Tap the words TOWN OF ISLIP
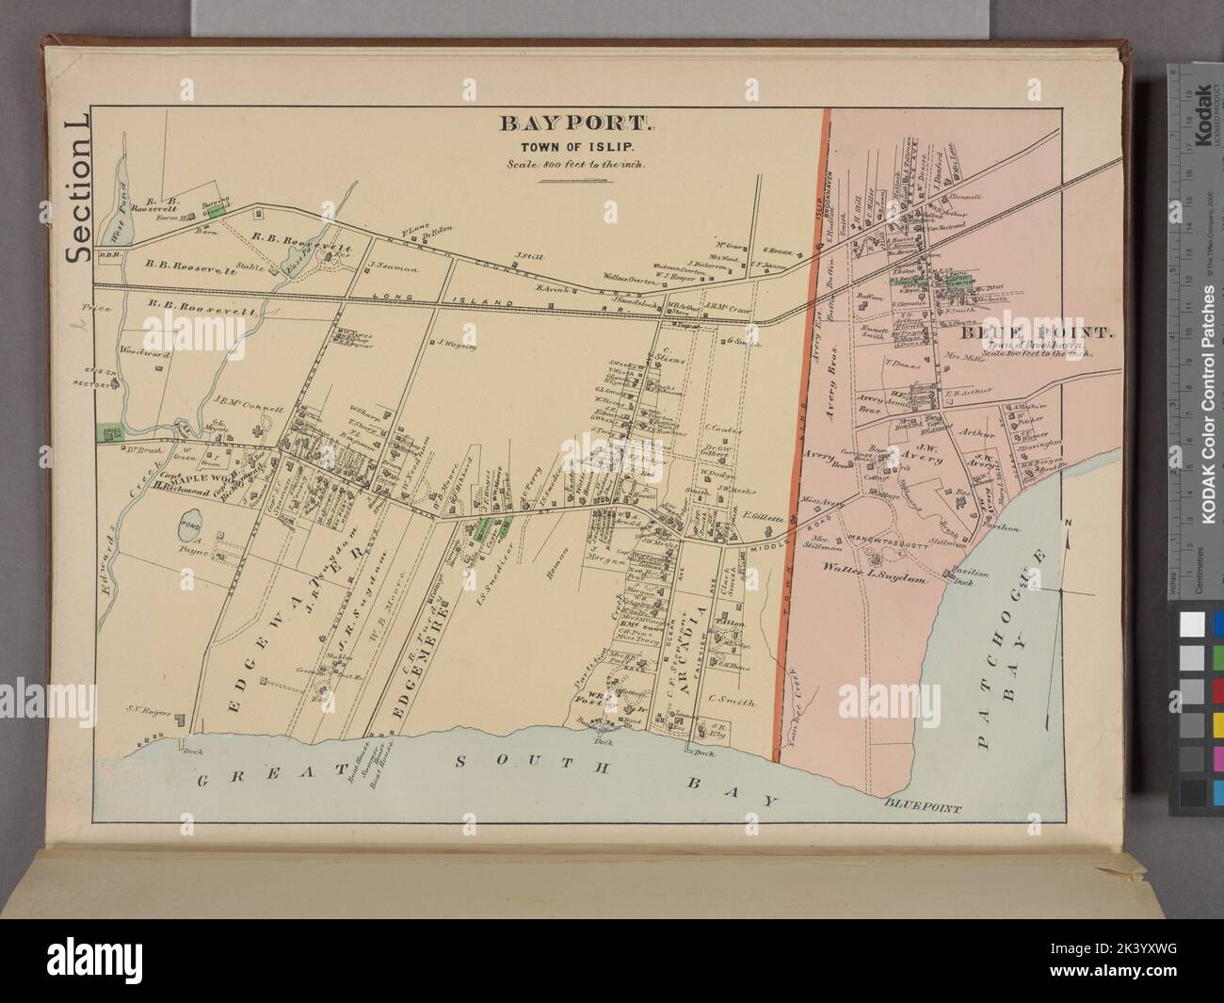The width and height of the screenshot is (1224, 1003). pyautogui.click(x=573, y=145)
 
